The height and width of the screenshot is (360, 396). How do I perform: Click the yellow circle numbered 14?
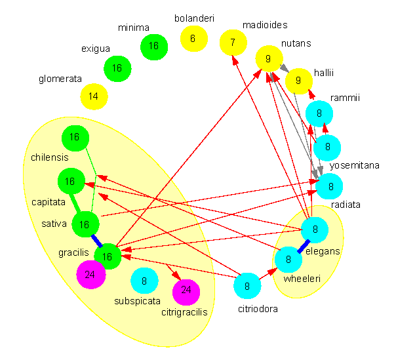(94, 96)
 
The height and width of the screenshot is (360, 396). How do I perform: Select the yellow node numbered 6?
(193, 39)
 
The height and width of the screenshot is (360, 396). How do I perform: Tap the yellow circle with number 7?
(233, 43)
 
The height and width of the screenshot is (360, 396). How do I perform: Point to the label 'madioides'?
(265, 25)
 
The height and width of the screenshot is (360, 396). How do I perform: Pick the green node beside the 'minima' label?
(154, 46)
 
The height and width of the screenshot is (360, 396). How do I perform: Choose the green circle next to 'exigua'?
(118, 68)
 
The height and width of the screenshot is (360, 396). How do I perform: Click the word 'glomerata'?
(60, 79)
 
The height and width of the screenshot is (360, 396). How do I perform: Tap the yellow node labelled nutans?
(268, 59)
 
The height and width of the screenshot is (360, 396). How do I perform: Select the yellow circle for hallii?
(299, 81)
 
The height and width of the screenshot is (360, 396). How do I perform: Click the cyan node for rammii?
(319, 113)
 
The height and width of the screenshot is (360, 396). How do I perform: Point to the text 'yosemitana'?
(355, 165)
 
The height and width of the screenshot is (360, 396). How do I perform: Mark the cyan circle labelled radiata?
(330, 187)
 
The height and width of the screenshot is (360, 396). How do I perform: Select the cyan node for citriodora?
(248, 285)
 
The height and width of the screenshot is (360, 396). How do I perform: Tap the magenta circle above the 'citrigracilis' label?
(186, 290)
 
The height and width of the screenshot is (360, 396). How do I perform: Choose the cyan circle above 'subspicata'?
(144, 281)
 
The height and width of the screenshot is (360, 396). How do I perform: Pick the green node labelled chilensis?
(74, 138)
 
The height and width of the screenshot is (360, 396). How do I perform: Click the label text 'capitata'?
(49, 202)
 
